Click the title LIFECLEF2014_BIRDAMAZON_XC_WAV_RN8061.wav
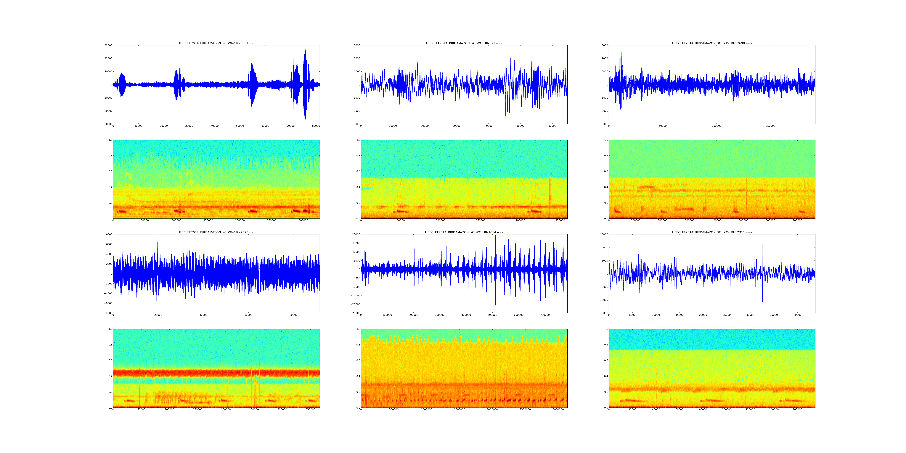(x=216, y=43)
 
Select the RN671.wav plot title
(x=464, y=43)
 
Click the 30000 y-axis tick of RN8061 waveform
(x=108, y=45)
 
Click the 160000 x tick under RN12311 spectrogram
(x=798, y=409)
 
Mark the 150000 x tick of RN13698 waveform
(x=770, y=126)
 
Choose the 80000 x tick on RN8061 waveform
(x=316, y=126)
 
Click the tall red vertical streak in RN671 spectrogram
(x=550, y=192)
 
